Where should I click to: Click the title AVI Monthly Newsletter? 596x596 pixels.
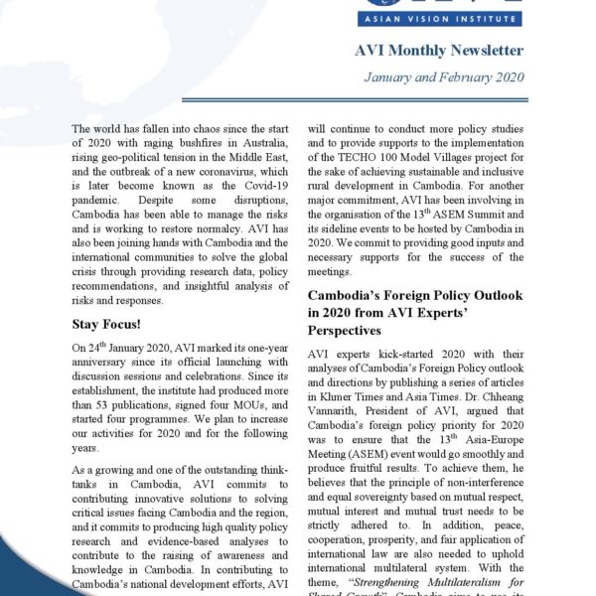(440, 51)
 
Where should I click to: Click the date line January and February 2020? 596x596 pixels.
(444, 76)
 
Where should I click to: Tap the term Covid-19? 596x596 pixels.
(266, 188)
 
